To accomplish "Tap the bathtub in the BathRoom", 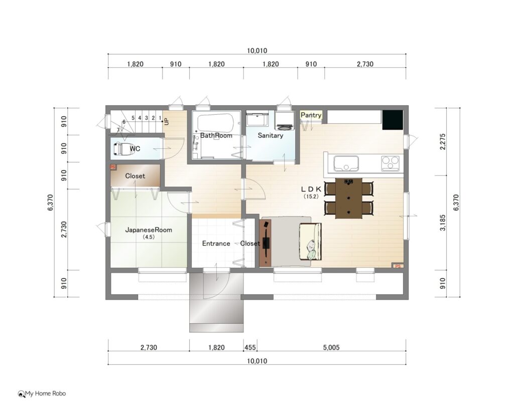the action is pos(216,123).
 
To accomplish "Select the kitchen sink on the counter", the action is pos(346,163).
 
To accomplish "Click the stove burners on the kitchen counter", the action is pos(391,163).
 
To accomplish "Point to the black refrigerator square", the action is pos(393,120).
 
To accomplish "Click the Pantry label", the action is pos(311,115).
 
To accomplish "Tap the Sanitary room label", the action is pos(271,135).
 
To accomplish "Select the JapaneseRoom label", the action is pos(149,230).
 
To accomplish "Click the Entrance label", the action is pos(216,243).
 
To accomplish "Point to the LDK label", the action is pos(311,189).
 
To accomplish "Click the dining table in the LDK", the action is pos(349,198).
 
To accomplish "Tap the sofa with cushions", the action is pos(310,241).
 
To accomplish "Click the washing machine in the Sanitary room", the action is pos(285,120).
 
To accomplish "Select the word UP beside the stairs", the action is pos(166,121).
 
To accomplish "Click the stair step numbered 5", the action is pos(133,118).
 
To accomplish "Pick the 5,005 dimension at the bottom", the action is pos(331,347).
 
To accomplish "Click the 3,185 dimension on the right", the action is pos(443,223).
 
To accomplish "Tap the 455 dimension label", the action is pos(250,347).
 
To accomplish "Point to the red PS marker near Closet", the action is pos(113,167).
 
